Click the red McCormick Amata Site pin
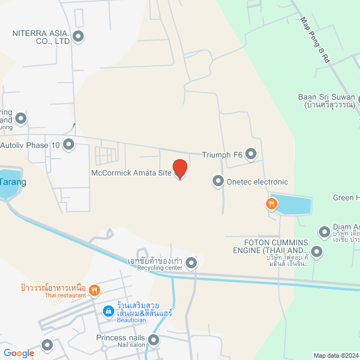pyautogui.click(x=179, y=169)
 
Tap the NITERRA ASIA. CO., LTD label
pyautogui.click(x=40, y=37)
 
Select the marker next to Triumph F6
pyautogui.click(x=251, y=154)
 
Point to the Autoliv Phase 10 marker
pyautogui.click(x=69, y=145)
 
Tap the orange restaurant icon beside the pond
pyautogui.click(x=272, y=204)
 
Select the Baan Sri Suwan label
pyautogui.click(x=327, y=101)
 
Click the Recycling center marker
pyautogui.click(x=192, y=263)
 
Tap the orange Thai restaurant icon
pyautogui.click(x=94, y=290)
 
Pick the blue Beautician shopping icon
pyautogui.click(x=107, y=310)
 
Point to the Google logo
pyautogui.click(x=19, y=353)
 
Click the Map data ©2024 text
pyautogui.click(x=336, y=355)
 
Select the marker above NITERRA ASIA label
pyautogui.click(x=78, y=38)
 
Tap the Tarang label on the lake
pyautogui.click(x=12, y=183)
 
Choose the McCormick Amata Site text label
pyautogui.click(x=130, y=173)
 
